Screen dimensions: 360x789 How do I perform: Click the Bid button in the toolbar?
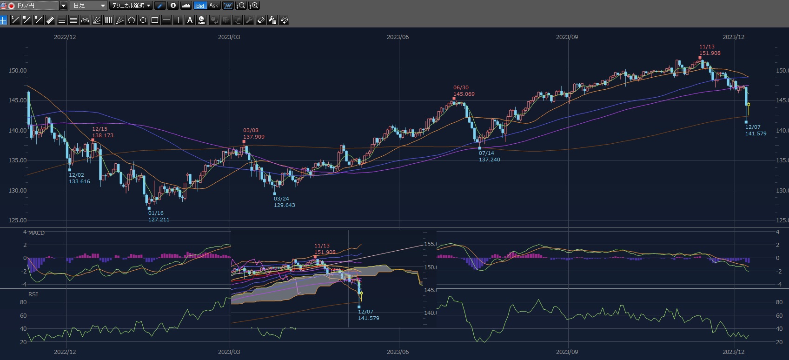(200, 6)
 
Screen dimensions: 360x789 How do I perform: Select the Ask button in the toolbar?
(213, 6)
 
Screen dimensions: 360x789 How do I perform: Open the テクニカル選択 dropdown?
(131, 6)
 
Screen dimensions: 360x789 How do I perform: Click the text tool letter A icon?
(190, 20)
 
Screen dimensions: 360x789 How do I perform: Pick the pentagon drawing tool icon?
(132, 20)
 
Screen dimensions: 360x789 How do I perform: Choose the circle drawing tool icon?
(143, 20)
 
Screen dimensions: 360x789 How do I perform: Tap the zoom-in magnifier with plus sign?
(254, 6)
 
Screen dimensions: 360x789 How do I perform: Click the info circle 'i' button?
(173, 6)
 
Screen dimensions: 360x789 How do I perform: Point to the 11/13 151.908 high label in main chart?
(709, 50)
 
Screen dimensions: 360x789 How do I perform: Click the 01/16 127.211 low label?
(159, 216)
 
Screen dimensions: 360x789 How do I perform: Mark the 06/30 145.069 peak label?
(464, 91)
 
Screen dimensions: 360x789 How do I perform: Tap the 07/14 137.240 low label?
(489, 156)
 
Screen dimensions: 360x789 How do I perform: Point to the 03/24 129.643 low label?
(284, 202)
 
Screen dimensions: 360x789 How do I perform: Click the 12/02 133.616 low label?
(80, 178)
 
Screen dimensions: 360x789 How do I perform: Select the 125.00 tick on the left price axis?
(18, 220)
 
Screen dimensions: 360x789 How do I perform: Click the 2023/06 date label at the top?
(398, 37)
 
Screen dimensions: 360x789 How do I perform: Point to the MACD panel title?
(36, 233)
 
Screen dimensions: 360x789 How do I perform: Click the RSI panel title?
(33, 294)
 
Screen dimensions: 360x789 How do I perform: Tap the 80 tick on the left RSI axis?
(23, 302)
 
